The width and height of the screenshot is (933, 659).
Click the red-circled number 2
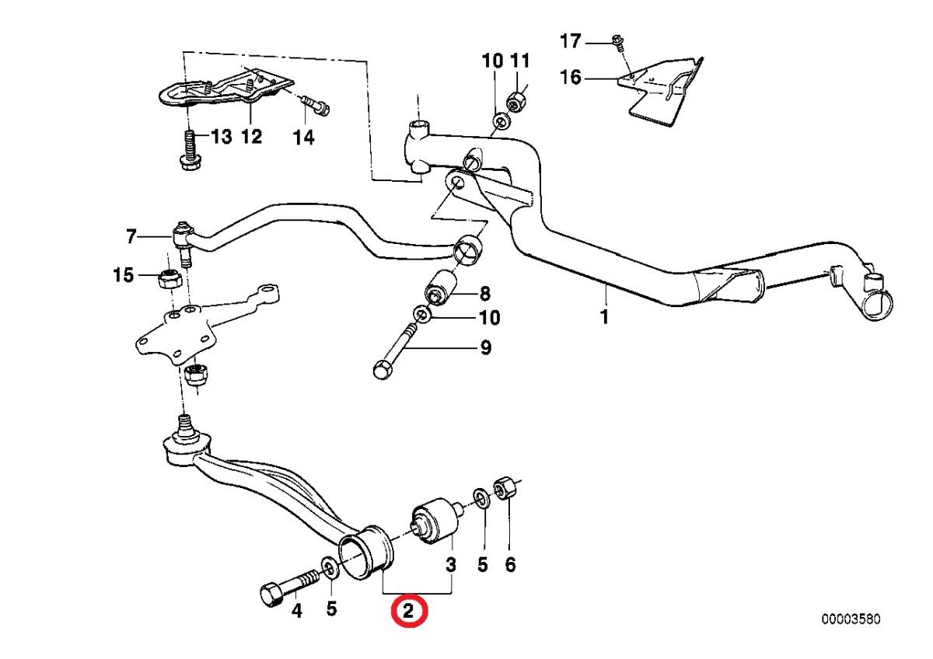410,610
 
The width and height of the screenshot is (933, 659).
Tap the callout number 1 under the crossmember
604,317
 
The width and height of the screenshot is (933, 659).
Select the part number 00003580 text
851,619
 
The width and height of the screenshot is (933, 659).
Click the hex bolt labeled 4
288,586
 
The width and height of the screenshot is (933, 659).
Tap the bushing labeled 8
442,288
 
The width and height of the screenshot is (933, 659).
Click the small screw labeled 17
618,40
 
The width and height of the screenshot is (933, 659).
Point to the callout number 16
570,78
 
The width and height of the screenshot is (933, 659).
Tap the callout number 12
250,138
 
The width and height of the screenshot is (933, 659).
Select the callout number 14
302,138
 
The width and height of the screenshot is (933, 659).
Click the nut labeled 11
516,101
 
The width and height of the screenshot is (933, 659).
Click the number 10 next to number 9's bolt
490,318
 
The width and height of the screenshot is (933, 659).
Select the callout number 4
296,611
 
